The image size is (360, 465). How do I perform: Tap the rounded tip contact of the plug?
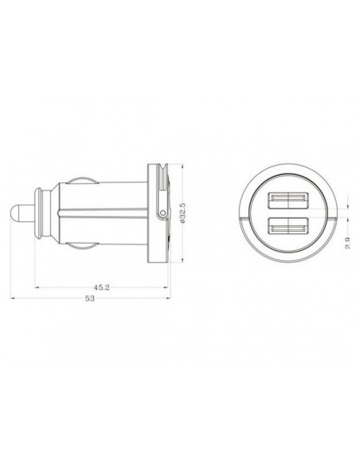[x=15, y=213]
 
